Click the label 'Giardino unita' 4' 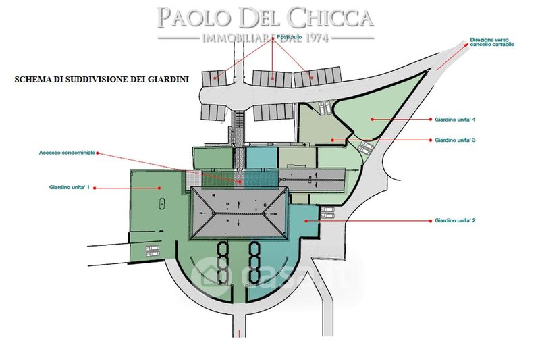coord(456,120)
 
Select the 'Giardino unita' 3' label coord(456,140)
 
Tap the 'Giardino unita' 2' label coord(456,220)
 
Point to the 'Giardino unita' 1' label coord(69,186)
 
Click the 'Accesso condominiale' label coord(67,153)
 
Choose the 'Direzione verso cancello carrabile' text coord(493,42)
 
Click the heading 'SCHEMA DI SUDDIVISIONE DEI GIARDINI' coord(102,79)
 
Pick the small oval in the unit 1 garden coord(161,204)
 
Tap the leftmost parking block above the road coord(215,78)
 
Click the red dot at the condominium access coord(240,181)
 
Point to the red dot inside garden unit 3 coord(332,140)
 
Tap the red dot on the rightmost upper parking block coord(312,78)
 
